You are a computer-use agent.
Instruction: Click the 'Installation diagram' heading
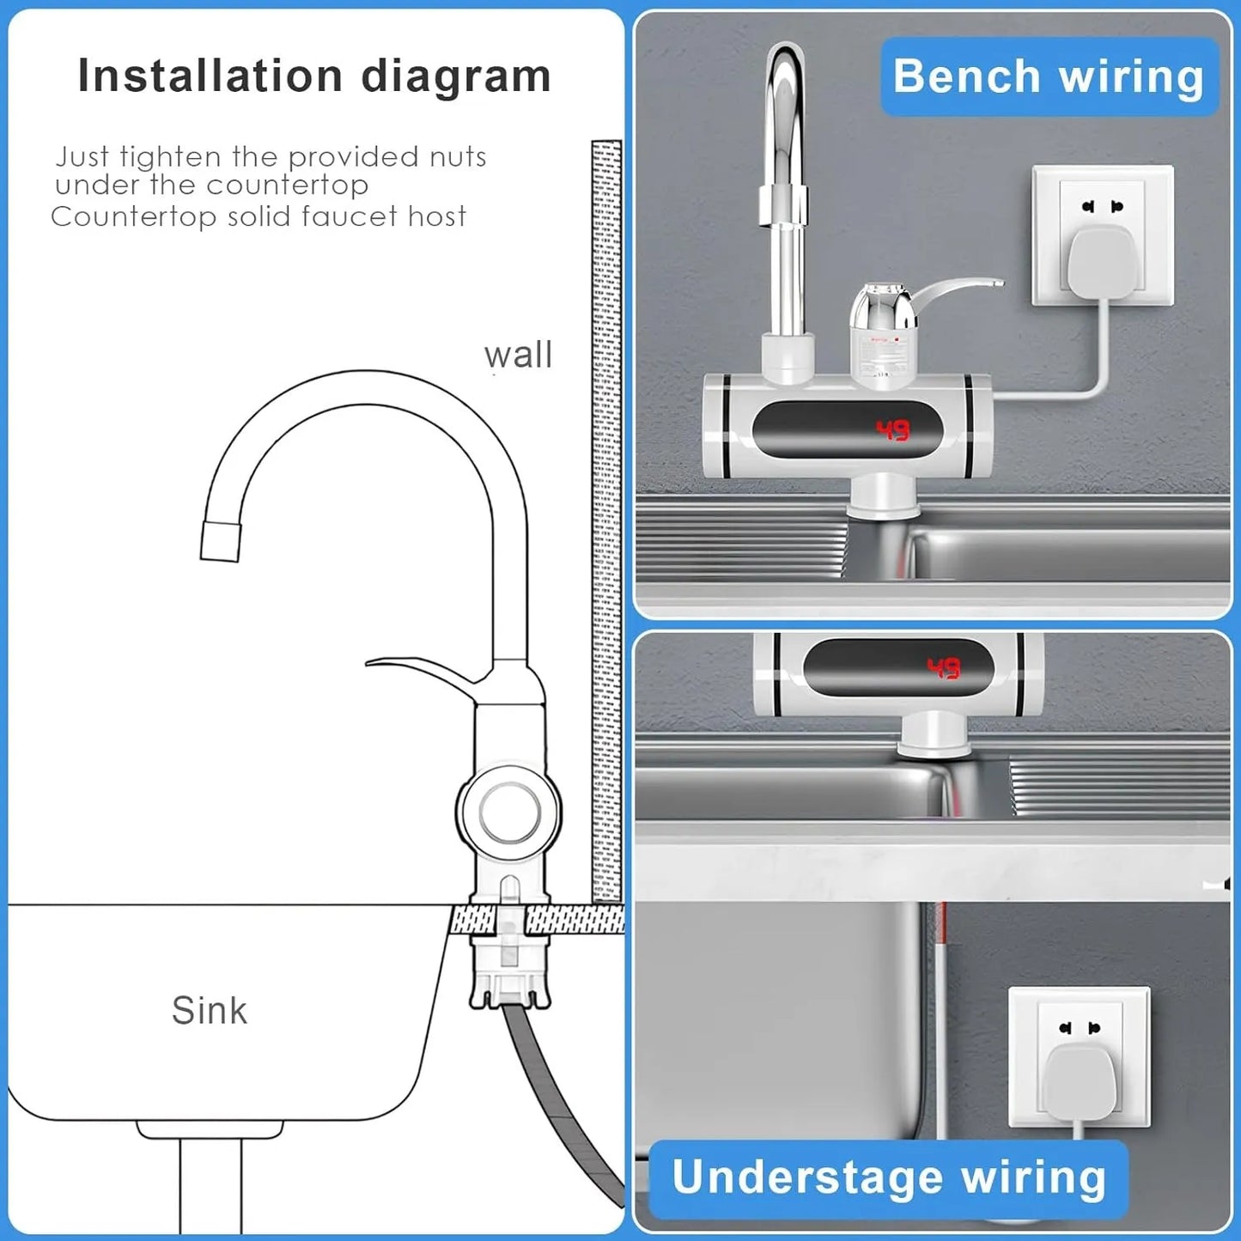click(314, 76)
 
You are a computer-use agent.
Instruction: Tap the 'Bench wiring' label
click(1049, 76)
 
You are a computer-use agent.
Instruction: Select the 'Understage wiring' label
click(888, 1177)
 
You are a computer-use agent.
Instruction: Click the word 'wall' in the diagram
click(518, 355)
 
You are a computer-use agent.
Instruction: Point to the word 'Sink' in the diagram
click(209, 1010)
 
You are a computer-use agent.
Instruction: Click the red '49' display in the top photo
click(892, 429)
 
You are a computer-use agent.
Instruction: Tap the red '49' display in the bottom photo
click(943, 668)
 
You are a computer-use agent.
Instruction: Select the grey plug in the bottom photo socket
click(1079, 1084)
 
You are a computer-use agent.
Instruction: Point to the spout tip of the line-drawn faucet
click(220, 541)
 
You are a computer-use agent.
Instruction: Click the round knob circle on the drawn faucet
click(509, 812)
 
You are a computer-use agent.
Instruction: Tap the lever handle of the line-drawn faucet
click(421, 670)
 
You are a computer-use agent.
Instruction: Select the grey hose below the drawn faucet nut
click(558, 1091)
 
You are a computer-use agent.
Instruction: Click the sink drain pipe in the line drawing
click(210, 1185)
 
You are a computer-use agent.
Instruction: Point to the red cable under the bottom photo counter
click(942, 945)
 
